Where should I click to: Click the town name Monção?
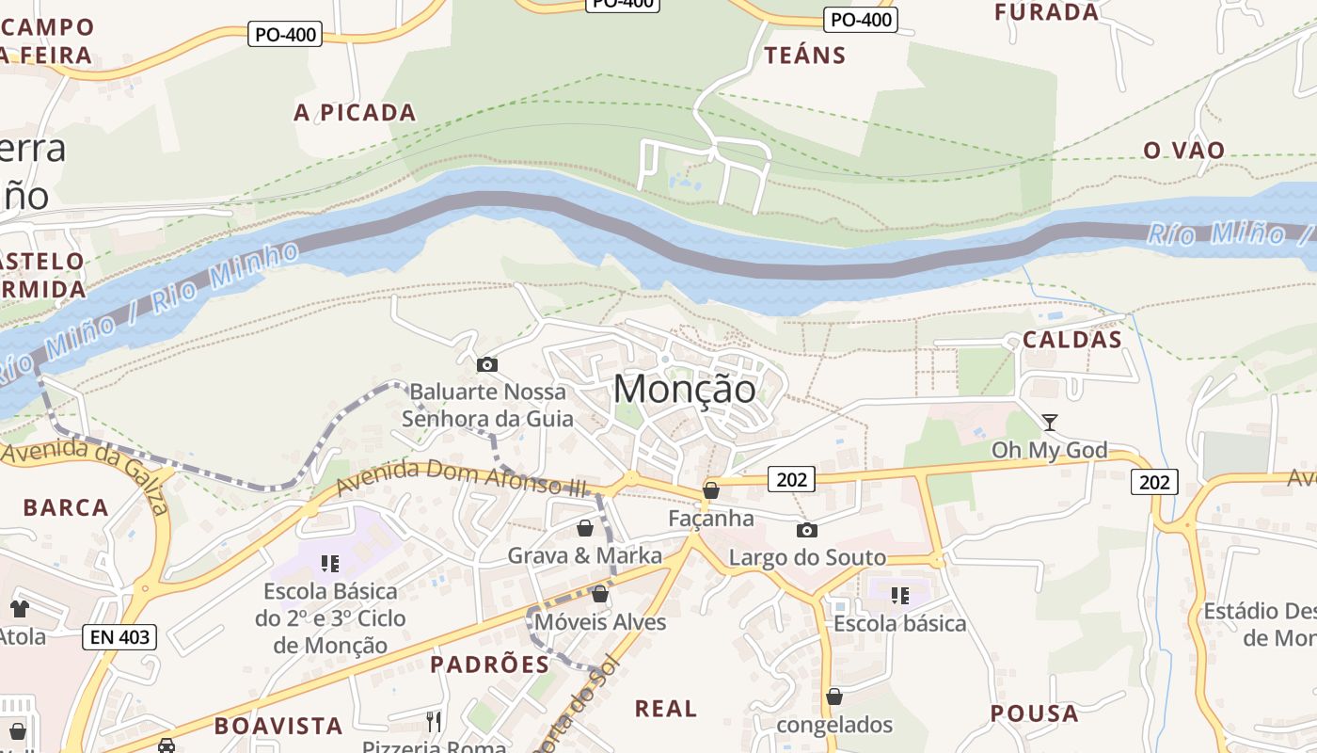pos(684,390)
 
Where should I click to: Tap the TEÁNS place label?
pos(805,56)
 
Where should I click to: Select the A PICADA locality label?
pos(355,113)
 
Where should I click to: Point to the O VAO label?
pos(1183,151)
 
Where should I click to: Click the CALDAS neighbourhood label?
pos(1072,340)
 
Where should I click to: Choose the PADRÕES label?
pos(489,665)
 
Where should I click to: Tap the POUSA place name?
pos(1034,713)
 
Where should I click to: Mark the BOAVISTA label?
pos(278,726)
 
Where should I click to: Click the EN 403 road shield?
pos(119,637)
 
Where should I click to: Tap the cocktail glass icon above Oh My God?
pos(1050,423)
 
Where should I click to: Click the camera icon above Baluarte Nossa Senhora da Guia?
pos(487,364)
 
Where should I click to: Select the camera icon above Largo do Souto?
pos(806,530)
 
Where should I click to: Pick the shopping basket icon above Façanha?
pos(711,490)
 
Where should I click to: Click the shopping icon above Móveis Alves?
pos(600,595)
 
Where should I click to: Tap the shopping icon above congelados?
pos(833,697)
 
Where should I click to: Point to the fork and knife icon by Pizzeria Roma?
pos(434,722)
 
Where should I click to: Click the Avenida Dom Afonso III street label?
pos(461,477)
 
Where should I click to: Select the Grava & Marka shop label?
pos(584,555)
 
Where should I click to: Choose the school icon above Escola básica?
pos(899,596)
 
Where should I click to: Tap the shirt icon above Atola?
pos(19,609)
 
